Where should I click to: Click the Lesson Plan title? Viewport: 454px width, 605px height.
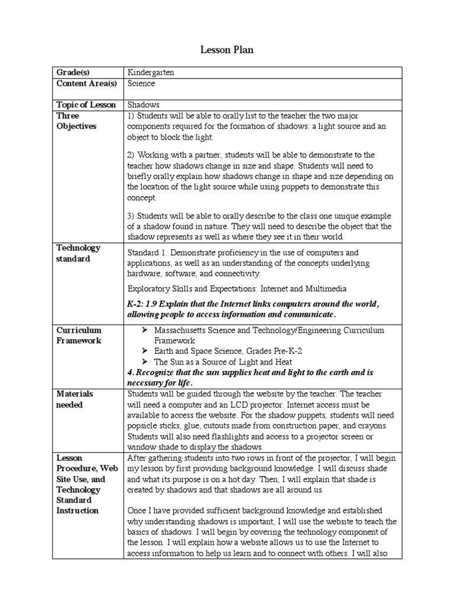pyautogui.click(x=227, y=50)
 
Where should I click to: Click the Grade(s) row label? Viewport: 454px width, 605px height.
pyautogui.click(x=73, y=72)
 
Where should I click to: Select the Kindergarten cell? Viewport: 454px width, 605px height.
pyautogui.click(x=151, y=72)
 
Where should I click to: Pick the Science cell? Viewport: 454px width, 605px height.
pyautogui.click(x=141, y=83)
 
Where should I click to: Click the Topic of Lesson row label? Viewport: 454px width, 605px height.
pyautogui.click(x=86, y=105)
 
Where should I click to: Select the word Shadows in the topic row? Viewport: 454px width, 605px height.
pyautogui.click(x=144, y=105)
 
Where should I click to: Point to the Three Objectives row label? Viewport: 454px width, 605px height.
pyautogui.click(x=76, y=121)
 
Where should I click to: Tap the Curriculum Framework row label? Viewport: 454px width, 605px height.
pyautogui.click(x=79, y=336)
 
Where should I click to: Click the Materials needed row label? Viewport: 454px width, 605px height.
pyautogui.click(x=74, y=399)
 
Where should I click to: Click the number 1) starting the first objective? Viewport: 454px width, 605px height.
pyautogui.click(x=131, y=116)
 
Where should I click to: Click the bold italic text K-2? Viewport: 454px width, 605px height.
pyautogui.click(x=137, y=304)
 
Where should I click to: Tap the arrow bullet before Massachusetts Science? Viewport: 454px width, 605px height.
pyautogui.click(x=145, y=330)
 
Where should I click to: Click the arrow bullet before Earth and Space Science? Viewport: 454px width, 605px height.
pyautogui.click(x=145, y=352)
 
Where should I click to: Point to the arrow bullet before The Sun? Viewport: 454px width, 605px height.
pyautogui.click(x=145, y=362)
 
